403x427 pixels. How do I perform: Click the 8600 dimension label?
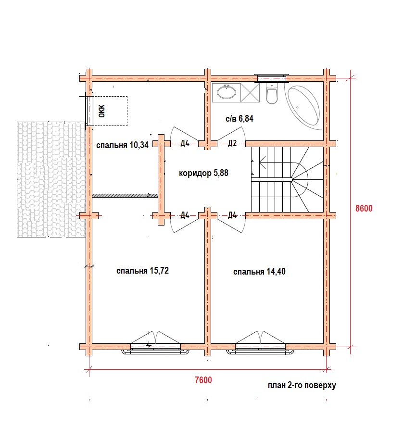coord(364,208)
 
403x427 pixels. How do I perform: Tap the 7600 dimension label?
coord(203,380)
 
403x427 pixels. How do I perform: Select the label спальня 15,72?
coord(142,271)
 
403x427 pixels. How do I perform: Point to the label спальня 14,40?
coord(259,272)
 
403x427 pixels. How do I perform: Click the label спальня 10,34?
coord(122,145)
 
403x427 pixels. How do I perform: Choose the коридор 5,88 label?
coord(203,173)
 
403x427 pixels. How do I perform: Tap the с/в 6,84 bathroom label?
coord(239,119)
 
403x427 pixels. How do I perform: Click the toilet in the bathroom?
coord(272,93)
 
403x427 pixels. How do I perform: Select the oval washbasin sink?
coord(227,92)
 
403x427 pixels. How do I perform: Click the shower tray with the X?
coord(250,93)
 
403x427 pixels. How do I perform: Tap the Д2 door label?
coord(232,143)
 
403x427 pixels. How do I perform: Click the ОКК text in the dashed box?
coord(102,111)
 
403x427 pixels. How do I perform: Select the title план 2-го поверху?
coord(302,386)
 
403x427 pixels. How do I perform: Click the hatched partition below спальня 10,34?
coord(125,195)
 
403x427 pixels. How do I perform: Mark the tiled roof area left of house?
coord(51,179)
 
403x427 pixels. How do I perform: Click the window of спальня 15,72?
coord(155,348)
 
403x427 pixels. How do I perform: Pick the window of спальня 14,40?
coord(260,348)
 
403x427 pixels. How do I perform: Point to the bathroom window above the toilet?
coord(272,78)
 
